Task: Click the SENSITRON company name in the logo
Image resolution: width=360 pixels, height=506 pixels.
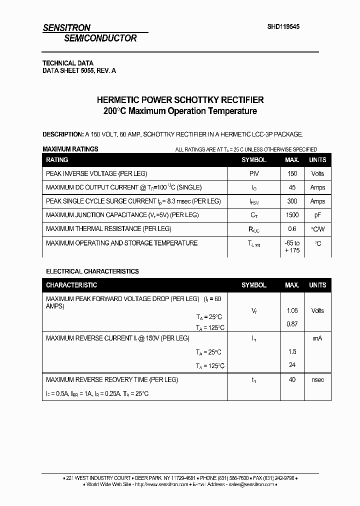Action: (x=66, y=28)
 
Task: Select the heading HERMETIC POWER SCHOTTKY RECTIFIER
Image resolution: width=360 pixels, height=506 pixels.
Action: (x=179, y=100)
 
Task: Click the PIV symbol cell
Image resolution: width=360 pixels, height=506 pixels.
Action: (x=254, y=173)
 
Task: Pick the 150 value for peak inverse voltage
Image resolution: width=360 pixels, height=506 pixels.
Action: (x=292, y=173)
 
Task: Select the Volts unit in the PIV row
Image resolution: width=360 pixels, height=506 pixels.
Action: (x=317, y=173)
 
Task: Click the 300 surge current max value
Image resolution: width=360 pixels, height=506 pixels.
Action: (x=292, y=201)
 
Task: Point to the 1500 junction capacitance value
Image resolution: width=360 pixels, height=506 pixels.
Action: (x=292, y=215)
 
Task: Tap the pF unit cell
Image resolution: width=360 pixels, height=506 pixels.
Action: (x=317, y=215)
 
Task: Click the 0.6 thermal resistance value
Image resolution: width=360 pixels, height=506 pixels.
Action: (x=292, y=229)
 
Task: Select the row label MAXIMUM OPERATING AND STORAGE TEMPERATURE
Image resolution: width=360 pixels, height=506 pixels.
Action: (x=121, y=243)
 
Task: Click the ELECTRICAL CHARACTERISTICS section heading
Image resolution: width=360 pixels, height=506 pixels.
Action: (x=92, y=271)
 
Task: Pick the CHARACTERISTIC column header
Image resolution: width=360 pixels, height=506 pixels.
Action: (x=71, y=285)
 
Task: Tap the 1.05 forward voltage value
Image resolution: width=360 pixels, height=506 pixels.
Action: (x=292, y=310)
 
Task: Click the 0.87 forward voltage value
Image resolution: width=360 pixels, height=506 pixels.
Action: (x=292, y=324)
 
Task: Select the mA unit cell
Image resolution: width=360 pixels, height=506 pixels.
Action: (x=317, y=338)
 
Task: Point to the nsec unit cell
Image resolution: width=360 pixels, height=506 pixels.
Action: (x=317, y=379)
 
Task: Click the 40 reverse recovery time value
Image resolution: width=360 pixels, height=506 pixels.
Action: (x=292, y=379)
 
